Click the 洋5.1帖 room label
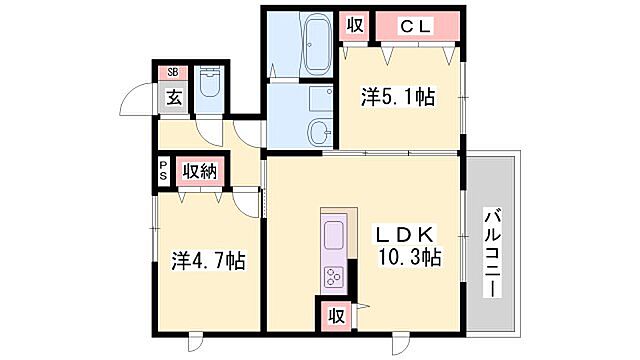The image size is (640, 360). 399,97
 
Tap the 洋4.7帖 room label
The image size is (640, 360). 208,261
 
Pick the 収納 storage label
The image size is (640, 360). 200,171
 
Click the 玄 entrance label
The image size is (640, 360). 173,97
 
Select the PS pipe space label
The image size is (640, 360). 163,170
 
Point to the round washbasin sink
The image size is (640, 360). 319,131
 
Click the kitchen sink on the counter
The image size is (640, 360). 333,236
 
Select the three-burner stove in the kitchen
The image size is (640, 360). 333,276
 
